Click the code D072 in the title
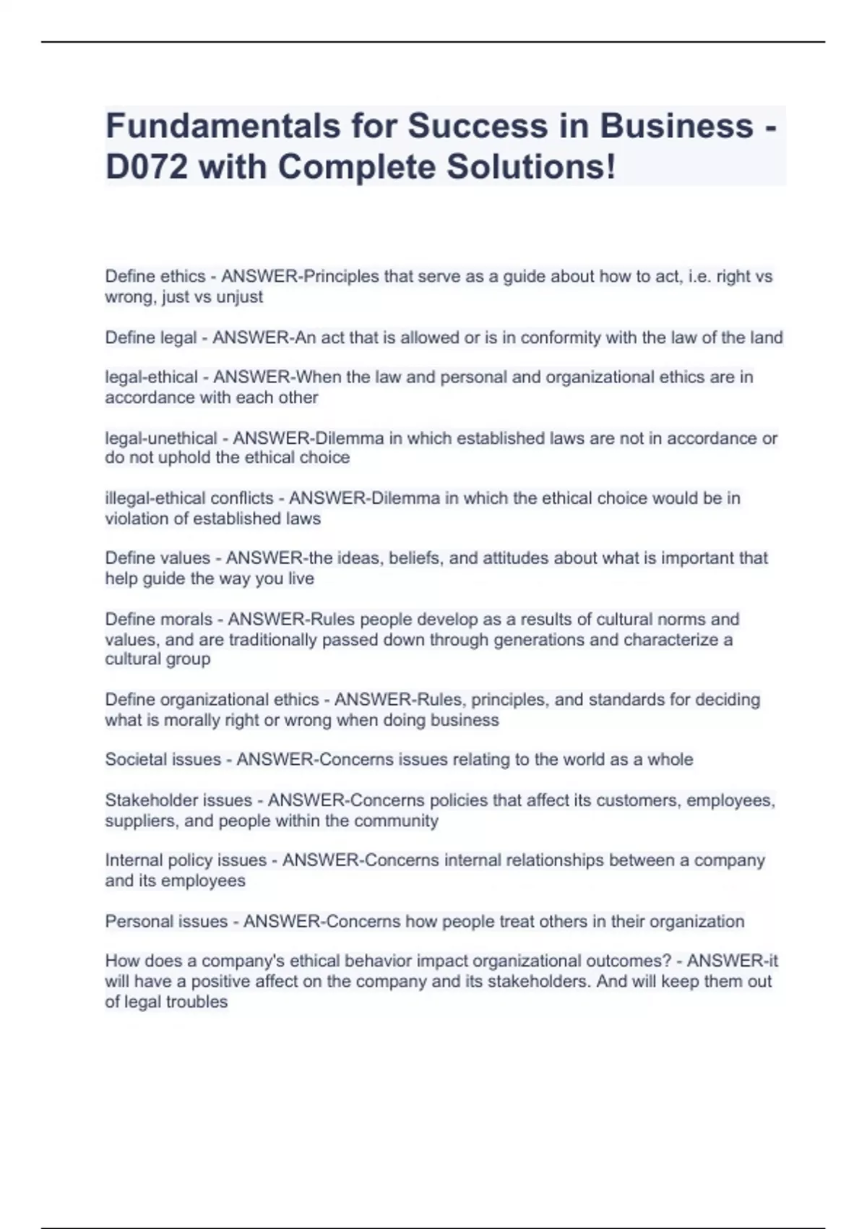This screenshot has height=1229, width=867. [x=147, y=167]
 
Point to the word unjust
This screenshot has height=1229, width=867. [x=240, y=297]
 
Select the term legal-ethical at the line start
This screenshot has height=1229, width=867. [x=151, y=377]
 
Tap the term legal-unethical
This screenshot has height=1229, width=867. [x=161, y=438]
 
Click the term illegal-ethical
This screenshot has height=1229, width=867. [x=153, y=498]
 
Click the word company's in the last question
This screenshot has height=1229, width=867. [x=239, y=962]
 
